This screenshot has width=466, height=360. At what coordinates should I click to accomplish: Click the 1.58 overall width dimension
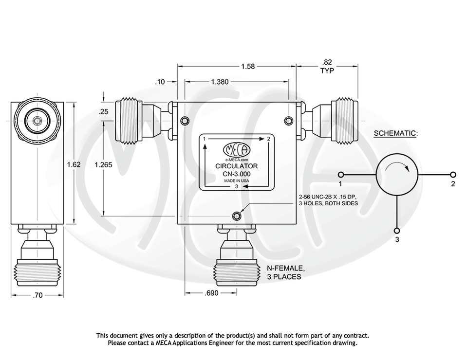[248, 66]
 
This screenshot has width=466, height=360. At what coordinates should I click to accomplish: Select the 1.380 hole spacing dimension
[220, 82]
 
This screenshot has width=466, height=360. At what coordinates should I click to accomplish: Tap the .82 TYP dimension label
[327, 66]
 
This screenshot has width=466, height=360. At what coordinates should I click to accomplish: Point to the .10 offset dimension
[160, 82]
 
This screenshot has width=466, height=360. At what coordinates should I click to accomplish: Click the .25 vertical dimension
[103, 111]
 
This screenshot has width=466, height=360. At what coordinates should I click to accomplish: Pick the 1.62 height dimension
[74, 164]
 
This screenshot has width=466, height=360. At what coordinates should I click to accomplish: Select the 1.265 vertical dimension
[103, 164]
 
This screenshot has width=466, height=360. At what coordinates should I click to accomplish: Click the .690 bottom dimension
[211, 293]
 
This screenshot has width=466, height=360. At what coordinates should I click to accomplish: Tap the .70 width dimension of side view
[37, 295]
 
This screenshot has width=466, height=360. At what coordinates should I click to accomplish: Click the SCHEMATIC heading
[395, 133]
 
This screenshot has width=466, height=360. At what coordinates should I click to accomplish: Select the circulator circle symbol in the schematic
[397, 175]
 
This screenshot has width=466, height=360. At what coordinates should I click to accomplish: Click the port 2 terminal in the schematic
[453, 175]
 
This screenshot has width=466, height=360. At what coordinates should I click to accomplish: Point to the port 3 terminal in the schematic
[397, 230]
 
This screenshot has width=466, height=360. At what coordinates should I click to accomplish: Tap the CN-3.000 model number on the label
[237, 173]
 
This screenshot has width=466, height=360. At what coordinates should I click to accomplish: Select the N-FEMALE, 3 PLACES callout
[285, 272]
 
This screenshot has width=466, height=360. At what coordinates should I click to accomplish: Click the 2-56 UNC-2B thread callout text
[328, 200]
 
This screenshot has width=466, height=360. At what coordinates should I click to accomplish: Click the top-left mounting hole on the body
[184, 121]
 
